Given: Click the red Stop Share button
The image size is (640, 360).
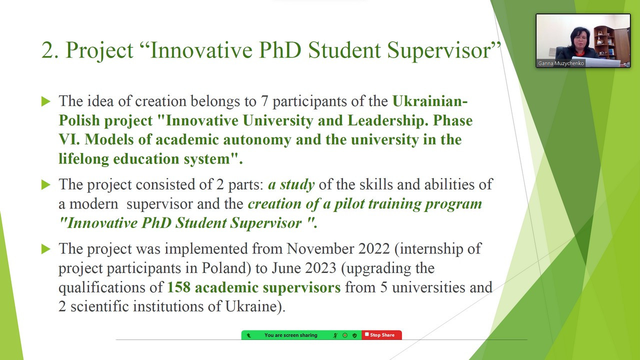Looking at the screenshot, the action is [381, 335].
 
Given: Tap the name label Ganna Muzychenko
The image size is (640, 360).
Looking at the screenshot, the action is [560, 63].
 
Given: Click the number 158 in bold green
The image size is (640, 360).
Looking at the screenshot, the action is [178, 287].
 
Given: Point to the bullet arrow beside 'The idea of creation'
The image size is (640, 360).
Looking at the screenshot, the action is [45, 101].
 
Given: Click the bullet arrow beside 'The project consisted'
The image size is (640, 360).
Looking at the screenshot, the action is [45, 185].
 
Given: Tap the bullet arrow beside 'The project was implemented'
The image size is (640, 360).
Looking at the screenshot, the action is [45, 249].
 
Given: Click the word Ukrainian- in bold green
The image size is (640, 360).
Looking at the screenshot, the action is [430, 101].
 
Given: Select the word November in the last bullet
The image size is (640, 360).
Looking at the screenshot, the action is [320, 248].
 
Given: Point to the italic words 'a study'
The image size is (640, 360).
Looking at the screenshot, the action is [291, 185].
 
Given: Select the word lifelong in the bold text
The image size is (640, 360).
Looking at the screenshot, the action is [83, 159].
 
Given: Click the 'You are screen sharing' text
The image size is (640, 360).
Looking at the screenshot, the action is [291, 335].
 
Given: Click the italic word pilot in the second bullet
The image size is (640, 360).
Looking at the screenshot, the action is [349, 204].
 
